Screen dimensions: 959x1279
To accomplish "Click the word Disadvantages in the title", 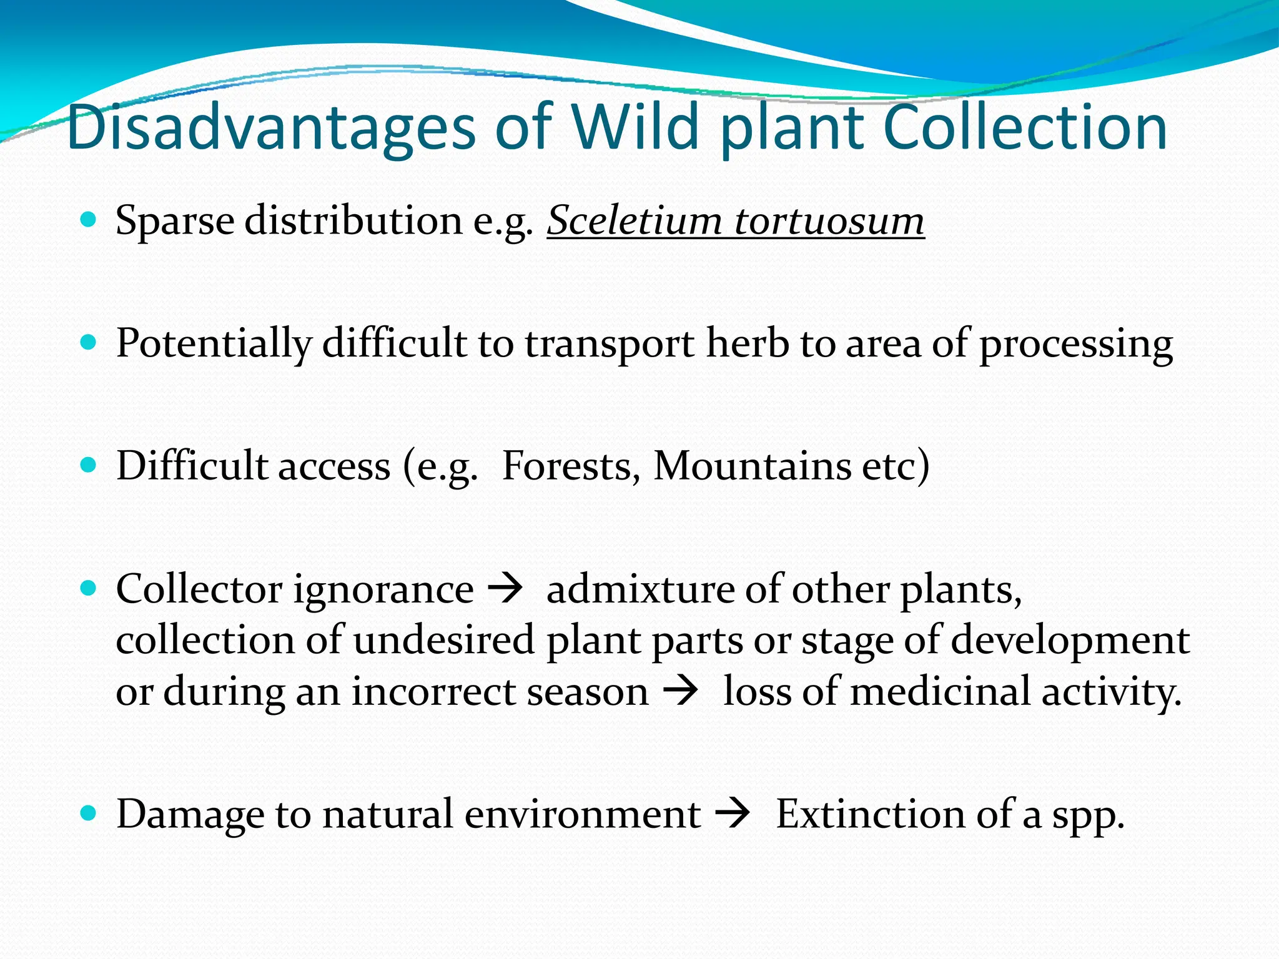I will [272, 128].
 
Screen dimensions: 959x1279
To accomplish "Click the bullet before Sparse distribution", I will [89, 220].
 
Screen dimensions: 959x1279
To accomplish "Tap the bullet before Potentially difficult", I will [89, 342].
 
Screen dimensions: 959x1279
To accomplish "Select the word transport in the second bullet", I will [609, 345].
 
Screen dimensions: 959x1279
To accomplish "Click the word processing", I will [1075, 345].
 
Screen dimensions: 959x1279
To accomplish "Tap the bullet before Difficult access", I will [89, 465].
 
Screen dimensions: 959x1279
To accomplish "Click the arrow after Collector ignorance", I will [504, 589].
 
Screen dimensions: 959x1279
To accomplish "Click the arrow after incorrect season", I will [679, 692].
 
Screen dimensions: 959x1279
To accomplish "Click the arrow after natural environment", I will [731, 815].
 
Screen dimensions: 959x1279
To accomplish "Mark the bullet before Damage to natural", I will [89, 813].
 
